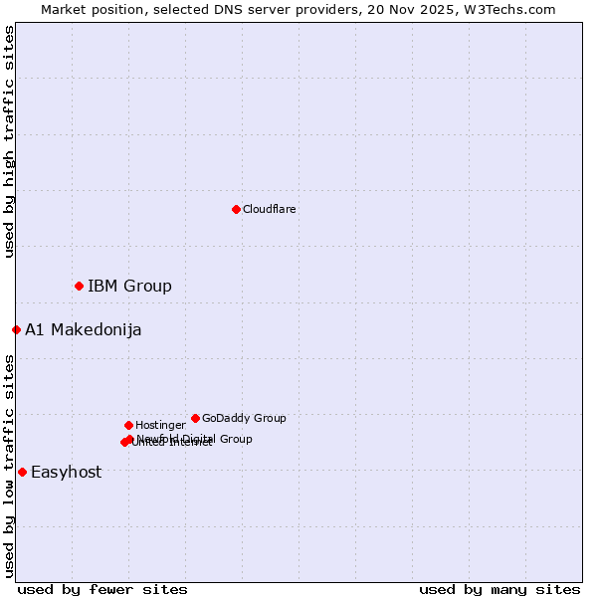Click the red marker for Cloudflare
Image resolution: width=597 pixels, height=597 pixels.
click(x=236, y=209)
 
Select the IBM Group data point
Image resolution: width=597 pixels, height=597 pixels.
click(x=79, y=286)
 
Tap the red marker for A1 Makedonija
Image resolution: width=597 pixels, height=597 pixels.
click(x=16, y=329)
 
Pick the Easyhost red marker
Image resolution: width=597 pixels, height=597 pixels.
click(x=22, y=472)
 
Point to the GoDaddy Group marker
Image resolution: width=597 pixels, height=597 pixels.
click(x=195, y=418)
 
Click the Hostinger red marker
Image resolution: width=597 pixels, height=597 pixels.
click(x=128, y=425)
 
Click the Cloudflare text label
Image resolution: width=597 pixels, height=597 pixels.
click(x=270, y=209)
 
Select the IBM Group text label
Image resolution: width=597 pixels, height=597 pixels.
click(x=129, y=287)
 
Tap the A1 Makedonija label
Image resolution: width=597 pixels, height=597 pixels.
click(x=84, y=330)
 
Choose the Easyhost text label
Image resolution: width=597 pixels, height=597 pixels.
click(x=67, y=473)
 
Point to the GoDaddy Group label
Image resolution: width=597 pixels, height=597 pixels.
click(x=244, y=418)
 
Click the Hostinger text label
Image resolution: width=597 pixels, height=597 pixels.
click(x=160, y=425)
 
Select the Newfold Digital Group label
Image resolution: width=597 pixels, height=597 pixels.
click(x=195, y=438)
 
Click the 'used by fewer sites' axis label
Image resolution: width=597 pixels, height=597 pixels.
click(x=102, y=589)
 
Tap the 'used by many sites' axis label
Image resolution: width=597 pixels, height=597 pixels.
click(x=499, y=589)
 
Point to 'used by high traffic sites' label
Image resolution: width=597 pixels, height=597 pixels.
click(x=9, y=142)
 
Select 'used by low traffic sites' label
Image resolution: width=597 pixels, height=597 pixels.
click(x=9, y=465)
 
